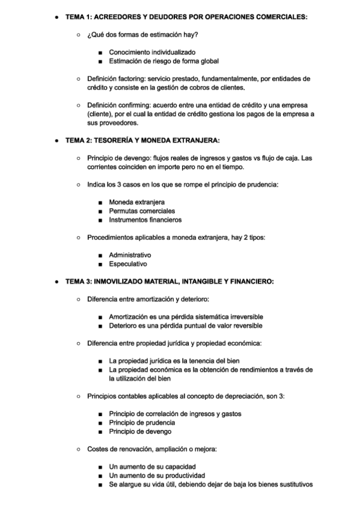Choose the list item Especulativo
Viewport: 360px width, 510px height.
127,263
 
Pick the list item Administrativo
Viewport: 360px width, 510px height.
129,255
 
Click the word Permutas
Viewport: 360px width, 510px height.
123,211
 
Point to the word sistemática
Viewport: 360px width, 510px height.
203,316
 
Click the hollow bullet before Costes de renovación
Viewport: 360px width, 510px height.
79,449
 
